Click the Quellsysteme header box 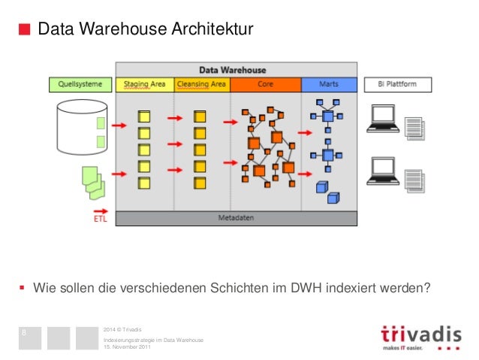80,85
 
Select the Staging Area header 145,85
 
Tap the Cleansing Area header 202,85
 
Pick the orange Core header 265,85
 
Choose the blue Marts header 328,85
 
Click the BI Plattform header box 398,85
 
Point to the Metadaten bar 236,219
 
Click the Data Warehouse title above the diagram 232,71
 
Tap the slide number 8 25,332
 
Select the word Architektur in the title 212,30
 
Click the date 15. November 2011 128,346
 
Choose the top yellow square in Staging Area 143,117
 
